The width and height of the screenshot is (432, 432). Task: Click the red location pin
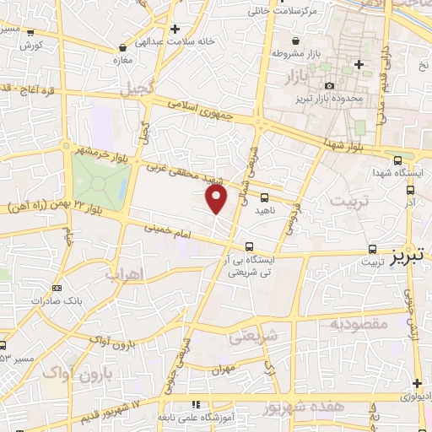(x=217, y=199)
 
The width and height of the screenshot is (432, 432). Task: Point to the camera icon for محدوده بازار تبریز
(x=329, y=85)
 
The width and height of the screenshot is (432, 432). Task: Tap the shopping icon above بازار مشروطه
(x=294, y=40)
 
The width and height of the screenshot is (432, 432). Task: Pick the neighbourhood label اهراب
(x=124, y=273)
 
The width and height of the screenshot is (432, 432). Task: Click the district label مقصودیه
(x=358, y=323)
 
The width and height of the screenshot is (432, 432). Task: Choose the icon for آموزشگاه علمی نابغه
(x=197, y=404)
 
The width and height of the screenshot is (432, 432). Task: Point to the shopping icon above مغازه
(x=125, y=48)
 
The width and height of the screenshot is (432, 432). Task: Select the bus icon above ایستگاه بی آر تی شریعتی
(x=248, y=246)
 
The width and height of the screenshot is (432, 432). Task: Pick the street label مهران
(x=222, y=369)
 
